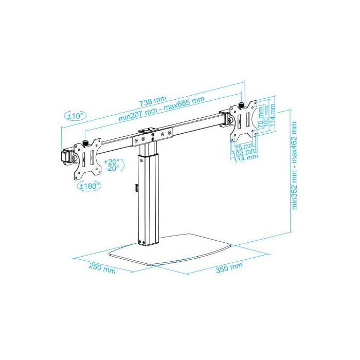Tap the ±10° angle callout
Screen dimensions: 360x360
76,116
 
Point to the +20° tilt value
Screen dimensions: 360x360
111,161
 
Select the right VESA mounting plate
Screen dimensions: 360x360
244,121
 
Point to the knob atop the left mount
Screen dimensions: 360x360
86,142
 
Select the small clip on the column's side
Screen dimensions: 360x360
136,189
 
